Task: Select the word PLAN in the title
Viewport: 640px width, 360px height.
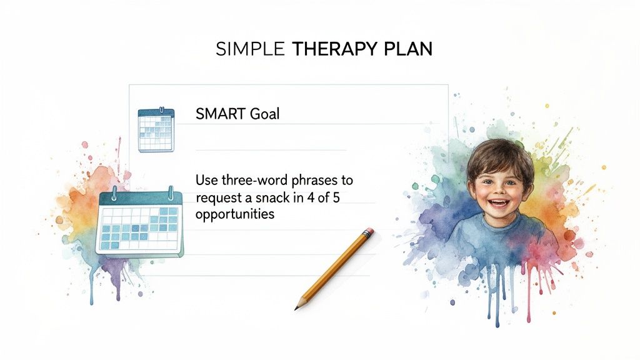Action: coord(409,50)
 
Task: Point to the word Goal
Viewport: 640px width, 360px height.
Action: coord(265,114)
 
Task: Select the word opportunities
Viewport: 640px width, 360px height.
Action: coord(234,214)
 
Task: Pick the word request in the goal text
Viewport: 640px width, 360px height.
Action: coord(216,197)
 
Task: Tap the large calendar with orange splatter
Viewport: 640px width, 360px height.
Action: coord(139,224)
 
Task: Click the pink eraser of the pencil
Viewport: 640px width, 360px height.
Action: coord(368,232)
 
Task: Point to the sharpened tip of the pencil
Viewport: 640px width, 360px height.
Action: coord(297,307)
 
